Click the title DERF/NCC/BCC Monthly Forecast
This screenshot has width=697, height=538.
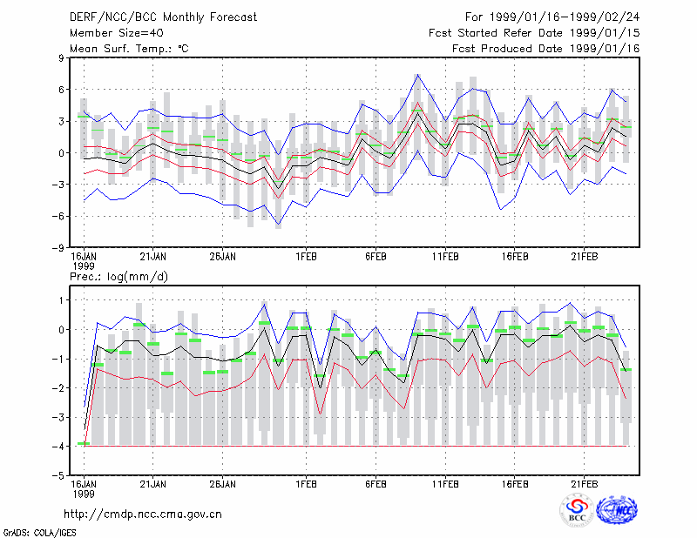coord(163,17)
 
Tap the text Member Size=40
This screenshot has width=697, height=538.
coord(117,33)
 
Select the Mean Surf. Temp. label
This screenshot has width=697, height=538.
coord(129,49)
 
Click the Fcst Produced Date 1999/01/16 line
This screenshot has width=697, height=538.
coord(545,49)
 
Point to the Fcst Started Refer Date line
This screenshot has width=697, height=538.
coord(534,33)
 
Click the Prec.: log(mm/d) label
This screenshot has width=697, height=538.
coord(118,277)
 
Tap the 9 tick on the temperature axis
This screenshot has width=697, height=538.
coord(61,57)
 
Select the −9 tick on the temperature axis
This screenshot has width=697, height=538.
coord(58,247)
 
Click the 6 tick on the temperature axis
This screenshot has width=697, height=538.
coord(61,90)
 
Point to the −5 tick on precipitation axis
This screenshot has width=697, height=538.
coord(58,475)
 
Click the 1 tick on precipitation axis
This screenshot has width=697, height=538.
coord(61,300)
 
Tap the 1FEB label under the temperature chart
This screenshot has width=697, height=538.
coord(307,257)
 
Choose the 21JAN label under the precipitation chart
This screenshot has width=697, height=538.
coord(153,484)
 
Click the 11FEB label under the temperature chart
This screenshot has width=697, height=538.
coord(445,257)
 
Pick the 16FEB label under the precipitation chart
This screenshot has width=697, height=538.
coord(515,484)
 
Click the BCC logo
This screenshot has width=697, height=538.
coord(577,511)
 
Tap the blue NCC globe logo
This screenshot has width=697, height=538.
coord(617,510)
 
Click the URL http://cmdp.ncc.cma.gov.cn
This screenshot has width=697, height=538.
coord(143,514)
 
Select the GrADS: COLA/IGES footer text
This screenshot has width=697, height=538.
coord(39,533)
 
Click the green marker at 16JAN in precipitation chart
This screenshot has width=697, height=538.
coord(84,443)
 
